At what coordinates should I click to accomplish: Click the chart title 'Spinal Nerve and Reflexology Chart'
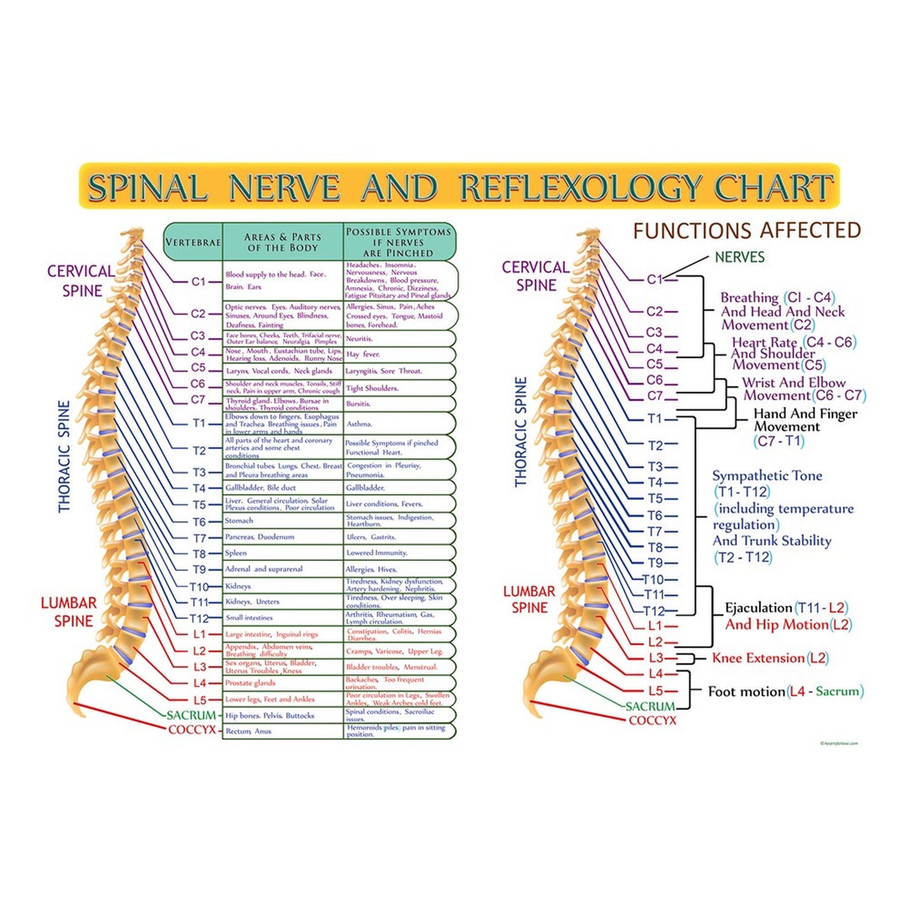coord(459,186)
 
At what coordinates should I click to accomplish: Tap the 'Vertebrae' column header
coord(193,242)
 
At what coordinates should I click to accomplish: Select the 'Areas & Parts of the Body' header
coord(282,241)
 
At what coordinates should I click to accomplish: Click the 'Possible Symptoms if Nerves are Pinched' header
coord(399,241)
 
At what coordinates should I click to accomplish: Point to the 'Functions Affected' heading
coord(747,230)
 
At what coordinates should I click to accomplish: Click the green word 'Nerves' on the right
coord(739,257)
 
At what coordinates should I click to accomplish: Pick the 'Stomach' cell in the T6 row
coord(239,521)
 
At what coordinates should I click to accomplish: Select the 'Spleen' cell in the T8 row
coord(236,553)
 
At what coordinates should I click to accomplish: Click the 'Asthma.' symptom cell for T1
coord(359,424)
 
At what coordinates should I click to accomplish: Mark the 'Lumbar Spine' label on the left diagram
coord(69,611)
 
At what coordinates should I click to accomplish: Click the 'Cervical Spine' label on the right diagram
coord(536,276)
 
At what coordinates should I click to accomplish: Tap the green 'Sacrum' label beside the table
coord(193,715)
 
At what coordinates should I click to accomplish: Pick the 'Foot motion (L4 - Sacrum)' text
coord(785,692)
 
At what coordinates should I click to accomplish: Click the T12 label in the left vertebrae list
coord(198,619)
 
